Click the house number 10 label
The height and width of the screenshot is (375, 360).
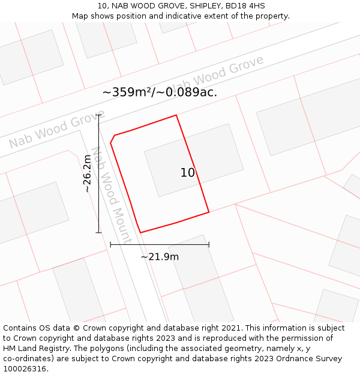[188, 173]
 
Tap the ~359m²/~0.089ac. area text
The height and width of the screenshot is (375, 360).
[160, 92]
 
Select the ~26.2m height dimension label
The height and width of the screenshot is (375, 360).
[88, 173]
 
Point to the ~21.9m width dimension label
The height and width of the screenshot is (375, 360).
[160, 257]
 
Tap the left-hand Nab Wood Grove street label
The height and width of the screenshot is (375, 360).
[57, 129]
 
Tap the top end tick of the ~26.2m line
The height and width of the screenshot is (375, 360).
[98, 115]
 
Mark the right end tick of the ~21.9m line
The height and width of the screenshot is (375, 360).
[209, 244]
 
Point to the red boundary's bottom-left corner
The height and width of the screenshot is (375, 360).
[140, 232]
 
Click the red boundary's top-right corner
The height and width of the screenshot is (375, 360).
[176, 115]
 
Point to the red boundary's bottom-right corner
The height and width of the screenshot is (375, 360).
[209, 212]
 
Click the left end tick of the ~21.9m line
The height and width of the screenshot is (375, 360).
[110, 244]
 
